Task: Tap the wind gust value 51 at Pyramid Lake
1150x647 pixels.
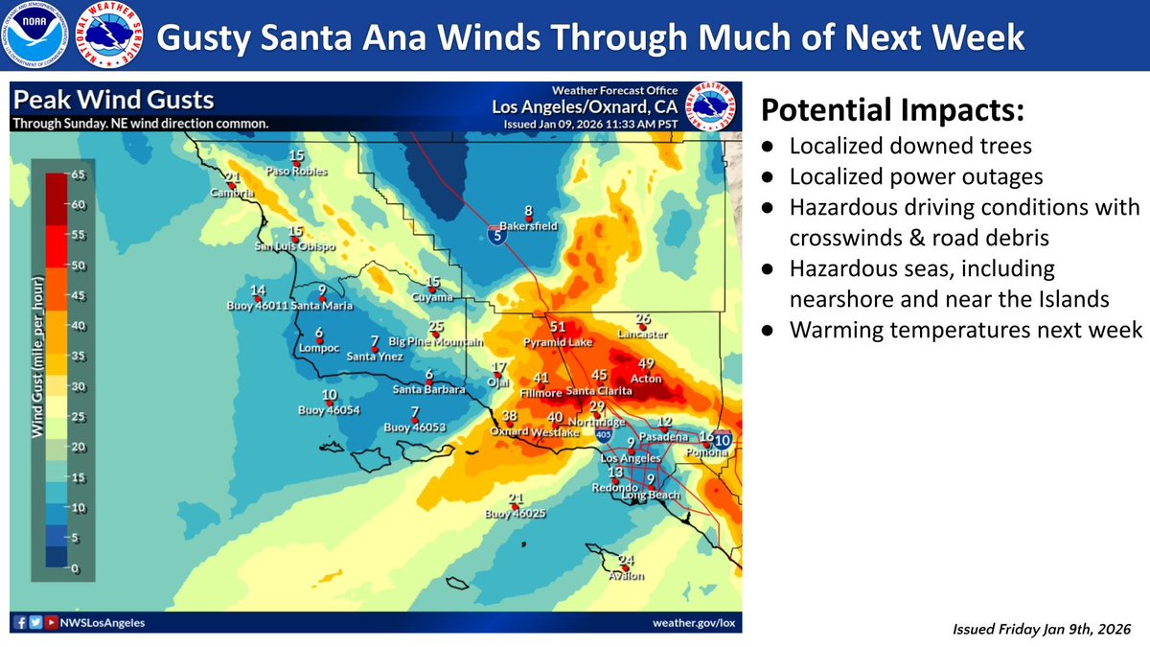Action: pos(558,328)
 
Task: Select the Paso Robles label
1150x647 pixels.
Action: pos(297,172)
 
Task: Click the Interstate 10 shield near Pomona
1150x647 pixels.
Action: pos(723,440)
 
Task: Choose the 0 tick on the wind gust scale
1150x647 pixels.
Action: pos(76,569)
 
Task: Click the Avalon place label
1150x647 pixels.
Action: pos(627,576)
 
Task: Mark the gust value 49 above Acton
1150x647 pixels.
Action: pos(646,363)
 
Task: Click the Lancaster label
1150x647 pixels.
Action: pos(643,335)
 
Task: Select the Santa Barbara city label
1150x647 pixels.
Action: pos(429,390)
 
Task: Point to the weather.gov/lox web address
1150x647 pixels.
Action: pos(694,622)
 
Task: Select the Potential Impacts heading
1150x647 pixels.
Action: pos(892,111)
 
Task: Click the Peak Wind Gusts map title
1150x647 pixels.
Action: pos(113,101)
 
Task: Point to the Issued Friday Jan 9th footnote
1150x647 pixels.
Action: pos(1042,629)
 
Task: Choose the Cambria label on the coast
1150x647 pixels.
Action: pos(233,193)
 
